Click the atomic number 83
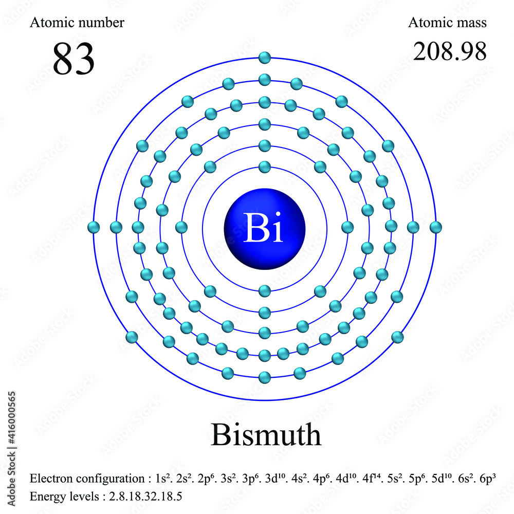(74, 59)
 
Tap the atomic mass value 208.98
(450, 51)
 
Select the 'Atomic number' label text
(77, 23)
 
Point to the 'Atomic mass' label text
(447, 23)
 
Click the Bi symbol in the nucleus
(264, 228)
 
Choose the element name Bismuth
(266, 435)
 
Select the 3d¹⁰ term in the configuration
(274, 479)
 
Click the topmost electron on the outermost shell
(265, 58)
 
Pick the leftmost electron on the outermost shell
(94, 227)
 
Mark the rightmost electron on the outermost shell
(436, 227)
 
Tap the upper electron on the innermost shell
(265, 167)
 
